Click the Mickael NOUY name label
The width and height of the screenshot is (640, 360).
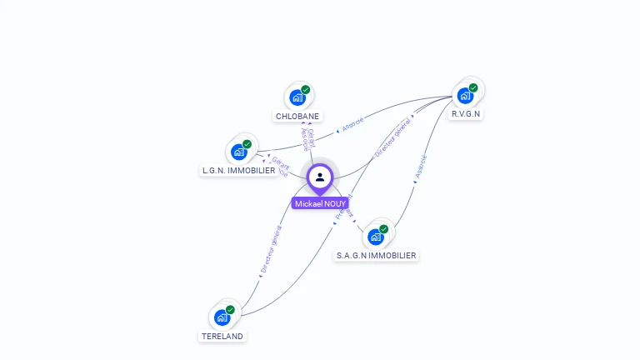pyautogui.click(x=320, y=203)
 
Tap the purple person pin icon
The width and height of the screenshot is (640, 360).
pyautogui.click(x=320, y=177)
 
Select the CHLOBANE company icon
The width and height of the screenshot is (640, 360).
pyautogui.click(x=297, y=97)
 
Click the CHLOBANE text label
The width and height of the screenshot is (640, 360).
pyautogui.click(x=297, y=116)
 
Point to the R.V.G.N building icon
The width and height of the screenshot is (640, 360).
pyautogui.click(x=465, y=95)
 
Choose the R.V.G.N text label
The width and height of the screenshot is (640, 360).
pyautogui.click(x=466, y=113)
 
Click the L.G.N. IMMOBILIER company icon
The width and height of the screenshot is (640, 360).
pyautogui.click(x=239, y=152)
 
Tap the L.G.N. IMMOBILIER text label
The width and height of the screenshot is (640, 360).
pyautogui.click(x=239, y=170)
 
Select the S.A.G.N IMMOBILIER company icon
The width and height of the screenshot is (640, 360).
pyautogui.click(x=376, y=237)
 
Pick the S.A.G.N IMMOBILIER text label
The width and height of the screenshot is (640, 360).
pyautogui.click(x=376, y=255)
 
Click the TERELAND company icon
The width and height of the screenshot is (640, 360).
pyautogui.click(x=222, y=317)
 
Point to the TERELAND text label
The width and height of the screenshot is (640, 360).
pyautogui.click(x=222, y=336)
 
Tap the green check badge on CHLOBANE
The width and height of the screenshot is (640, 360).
pyautogui.click(x=306, y=90)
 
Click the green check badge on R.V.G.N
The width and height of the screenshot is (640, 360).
pyautogui.click(x=473, y=87)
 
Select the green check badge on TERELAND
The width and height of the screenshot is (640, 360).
pyautogui.click(x=230, y=310)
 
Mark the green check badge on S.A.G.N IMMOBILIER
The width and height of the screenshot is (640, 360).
pyautogui.click(x=384, y=229)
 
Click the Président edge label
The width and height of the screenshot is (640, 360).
pyautogui.click(x=343, y=207)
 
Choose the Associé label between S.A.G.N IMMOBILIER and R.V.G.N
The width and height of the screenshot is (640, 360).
pyautogui.click(x=421, y=167)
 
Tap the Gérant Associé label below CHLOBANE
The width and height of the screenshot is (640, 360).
pyautogui.click(x=308, y=139)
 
